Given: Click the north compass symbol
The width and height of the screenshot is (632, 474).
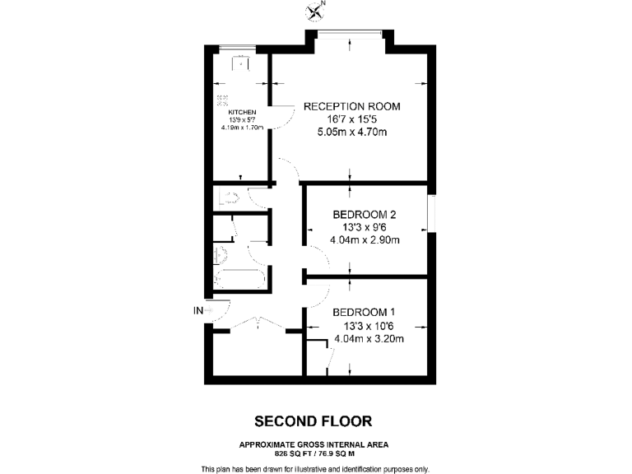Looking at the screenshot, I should [316, 11].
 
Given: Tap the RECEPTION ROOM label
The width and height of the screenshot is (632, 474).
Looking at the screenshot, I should [351, 106].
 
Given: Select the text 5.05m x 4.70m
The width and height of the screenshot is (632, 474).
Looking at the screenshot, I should [351, 132].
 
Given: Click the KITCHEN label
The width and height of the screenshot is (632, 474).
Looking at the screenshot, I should [242, 112].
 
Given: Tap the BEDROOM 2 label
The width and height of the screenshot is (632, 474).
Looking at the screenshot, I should [365, 215].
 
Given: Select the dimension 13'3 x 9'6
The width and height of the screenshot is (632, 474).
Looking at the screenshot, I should [365, 228].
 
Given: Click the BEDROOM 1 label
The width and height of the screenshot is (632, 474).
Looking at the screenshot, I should [365, 312].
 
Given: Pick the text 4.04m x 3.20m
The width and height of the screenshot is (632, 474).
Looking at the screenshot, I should [365, 337].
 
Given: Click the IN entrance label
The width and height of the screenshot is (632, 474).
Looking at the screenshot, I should [197, 310].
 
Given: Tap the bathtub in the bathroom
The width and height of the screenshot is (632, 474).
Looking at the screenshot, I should [239, 279].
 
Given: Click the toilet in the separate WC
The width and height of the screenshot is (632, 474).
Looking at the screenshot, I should [225, 197].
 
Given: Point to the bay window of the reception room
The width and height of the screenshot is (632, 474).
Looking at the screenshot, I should [351, 34].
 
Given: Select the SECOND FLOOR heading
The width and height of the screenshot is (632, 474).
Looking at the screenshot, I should [313, 421].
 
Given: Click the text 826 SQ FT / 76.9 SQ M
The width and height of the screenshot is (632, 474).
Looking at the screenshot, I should [313, 453].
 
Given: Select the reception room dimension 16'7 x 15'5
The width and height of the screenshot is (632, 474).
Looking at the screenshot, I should [351, 119].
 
